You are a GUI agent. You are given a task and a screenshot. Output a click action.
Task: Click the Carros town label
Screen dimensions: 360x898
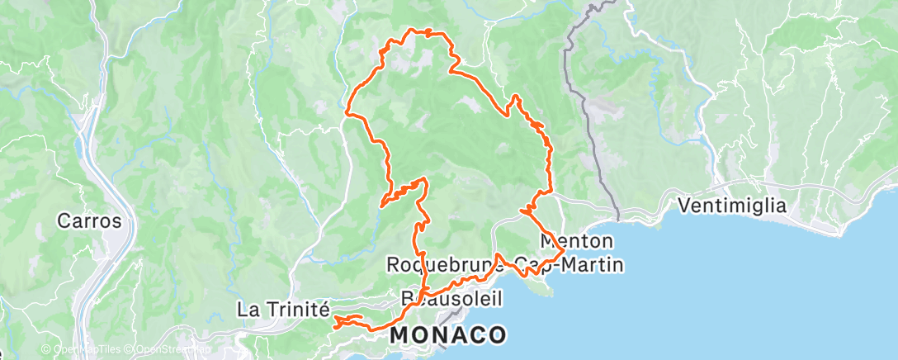point(89,221)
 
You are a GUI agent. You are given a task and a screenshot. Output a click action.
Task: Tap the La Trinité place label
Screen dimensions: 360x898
point(283,310)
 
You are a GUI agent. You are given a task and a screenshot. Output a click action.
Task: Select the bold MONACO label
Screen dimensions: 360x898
point(447,334)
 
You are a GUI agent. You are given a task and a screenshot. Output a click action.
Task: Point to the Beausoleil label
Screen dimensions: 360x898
point(450,296)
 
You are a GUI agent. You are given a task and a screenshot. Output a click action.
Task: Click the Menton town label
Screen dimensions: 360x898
point(577,242)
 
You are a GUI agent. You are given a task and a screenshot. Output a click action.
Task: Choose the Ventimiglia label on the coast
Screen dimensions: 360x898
point(730,206)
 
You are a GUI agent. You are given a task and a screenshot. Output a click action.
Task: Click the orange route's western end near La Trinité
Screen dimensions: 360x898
point(334,326)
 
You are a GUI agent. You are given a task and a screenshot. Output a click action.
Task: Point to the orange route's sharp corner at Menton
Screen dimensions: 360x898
point(565,250)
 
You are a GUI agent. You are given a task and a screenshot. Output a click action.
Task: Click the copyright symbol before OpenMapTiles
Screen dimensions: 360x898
point(46,349)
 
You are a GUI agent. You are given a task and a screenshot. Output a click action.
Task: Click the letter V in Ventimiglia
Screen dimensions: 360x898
point(684,206)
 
